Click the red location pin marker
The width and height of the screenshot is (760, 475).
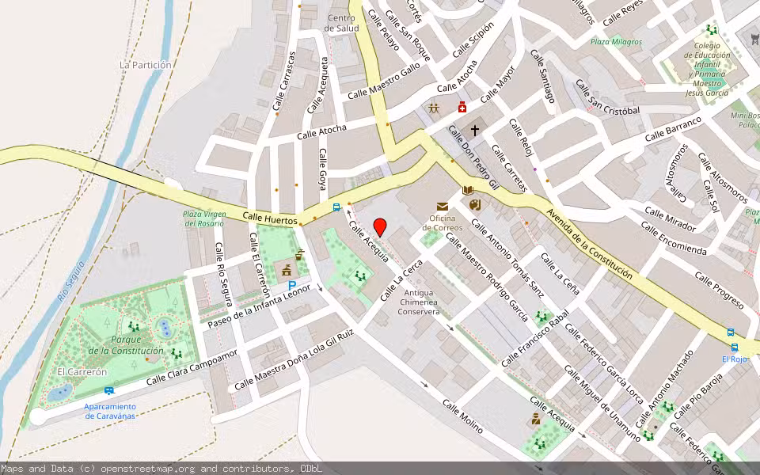pyautogui.click(x=379, y=226)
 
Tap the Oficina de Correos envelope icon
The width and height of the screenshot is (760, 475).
pyautogui.click(x=442, y=207)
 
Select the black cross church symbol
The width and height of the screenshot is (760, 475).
pyautogui.click(x=475, y=129)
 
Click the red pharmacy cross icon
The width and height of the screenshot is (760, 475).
pyautogui.click(x=462, y=108)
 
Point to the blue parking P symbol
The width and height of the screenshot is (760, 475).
pyautogui.click(x=292, y=285)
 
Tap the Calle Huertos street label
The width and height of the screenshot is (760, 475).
pyautogui.click(x=270, y=217)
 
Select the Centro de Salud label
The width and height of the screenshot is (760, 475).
pyautogui.click(x=342, y=23)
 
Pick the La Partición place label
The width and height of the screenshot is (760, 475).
pyautogui.click(x=146, y=65)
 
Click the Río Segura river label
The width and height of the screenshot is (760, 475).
pyautogui.click(x=71, y=285)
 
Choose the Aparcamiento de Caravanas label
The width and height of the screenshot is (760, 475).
pyautogui.click(x=110, y=410)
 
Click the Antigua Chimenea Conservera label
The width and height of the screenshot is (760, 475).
pyautogui.click(x=420, y=302)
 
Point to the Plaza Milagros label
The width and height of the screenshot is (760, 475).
pyautogui.click(x=616, y=42)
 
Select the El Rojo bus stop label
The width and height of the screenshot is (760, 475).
pyautogui.click(x=735, y=359)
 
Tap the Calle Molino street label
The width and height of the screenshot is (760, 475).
pyautogui.click(x=462, y=416)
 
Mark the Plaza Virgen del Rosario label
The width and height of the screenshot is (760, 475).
pyautogui.click(x=205, y=218)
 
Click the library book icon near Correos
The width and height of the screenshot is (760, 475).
pyautogui.click(x=468, y=190)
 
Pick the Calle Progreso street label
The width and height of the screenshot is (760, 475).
pyautogui.click(x=719, y=290)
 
